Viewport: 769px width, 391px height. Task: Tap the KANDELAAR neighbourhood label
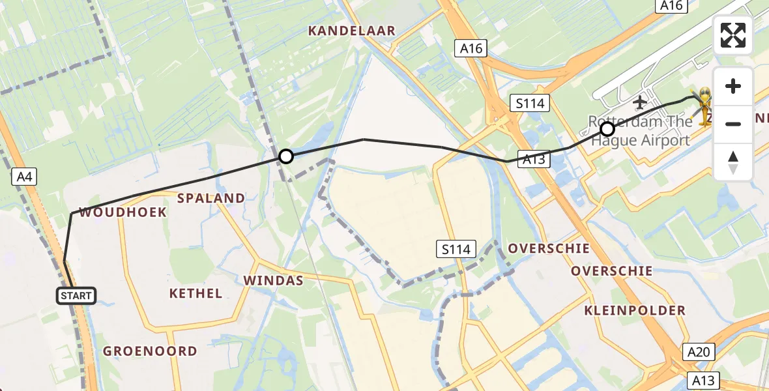[352, 31]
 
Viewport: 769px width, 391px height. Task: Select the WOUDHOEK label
[123, 212]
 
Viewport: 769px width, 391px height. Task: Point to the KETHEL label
[196, 293]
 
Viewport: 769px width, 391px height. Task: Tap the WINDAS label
[274, 280]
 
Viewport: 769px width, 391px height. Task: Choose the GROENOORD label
[150, 351]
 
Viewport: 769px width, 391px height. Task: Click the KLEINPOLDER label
[635, 310]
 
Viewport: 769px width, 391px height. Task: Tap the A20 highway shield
[699, 353]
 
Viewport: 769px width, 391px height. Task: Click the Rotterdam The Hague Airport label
[639, 131]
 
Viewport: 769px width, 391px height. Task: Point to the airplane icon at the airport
[639, 102]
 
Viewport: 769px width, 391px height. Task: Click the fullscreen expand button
[733, 35]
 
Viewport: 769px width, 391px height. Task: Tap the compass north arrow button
[733, 161]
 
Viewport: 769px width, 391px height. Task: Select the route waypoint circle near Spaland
[285, 156]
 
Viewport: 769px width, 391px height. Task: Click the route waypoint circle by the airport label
[607, 129]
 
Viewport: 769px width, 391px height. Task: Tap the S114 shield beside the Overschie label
[456, 248]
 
